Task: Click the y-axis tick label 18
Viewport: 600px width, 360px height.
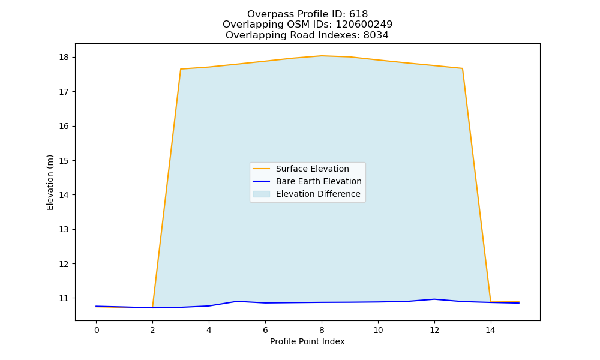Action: pyautogui.click(x=64, y=58)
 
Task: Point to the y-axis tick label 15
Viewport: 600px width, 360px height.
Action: pyautogui.click(x=64, y=161)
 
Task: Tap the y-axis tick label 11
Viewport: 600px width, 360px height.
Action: pyautogui.click(x=64, y=298)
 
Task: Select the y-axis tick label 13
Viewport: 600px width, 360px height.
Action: pyautogui.click(x=64, y=230)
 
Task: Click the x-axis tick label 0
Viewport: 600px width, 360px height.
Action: pyautogui.click(x=97, y=330)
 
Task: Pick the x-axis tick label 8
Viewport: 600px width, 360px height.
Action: pyautogui.click(x=322, y=330)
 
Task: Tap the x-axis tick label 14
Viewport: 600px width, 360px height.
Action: pyautogui.click(x=491, y=330)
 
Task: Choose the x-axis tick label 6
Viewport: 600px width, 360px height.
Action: pyautogui.click(x=266, y=330)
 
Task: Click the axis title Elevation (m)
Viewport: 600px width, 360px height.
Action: pyautogui.click(x=50, y=182)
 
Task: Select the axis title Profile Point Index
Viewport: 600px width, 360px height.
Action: pyautogui.click(x=307, y=341)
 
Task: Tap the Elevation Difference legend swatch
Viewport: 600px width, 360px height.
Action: pyautogui.click(x=262, y=194)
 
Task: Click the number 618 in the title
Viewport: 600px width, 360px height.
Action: pyautogui.click(x=359, y=14)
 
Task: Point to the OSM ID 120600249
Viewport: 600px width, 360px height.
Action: pyautogui.click(x=364, y=25)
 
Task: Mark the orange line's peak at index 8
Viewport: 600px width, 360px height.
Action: pyautogui.click(x=322, y=56)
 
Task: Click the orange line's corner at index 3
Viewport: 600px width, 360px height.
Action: pyautogui.click(x=181, y=69)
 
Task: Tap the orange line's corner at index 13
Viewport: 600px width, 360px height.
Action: pyautogui.click(x=463, y=68)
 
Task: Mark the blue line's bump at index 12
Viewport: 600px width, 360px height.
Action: pyautogui.click(x=434, y=299)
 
